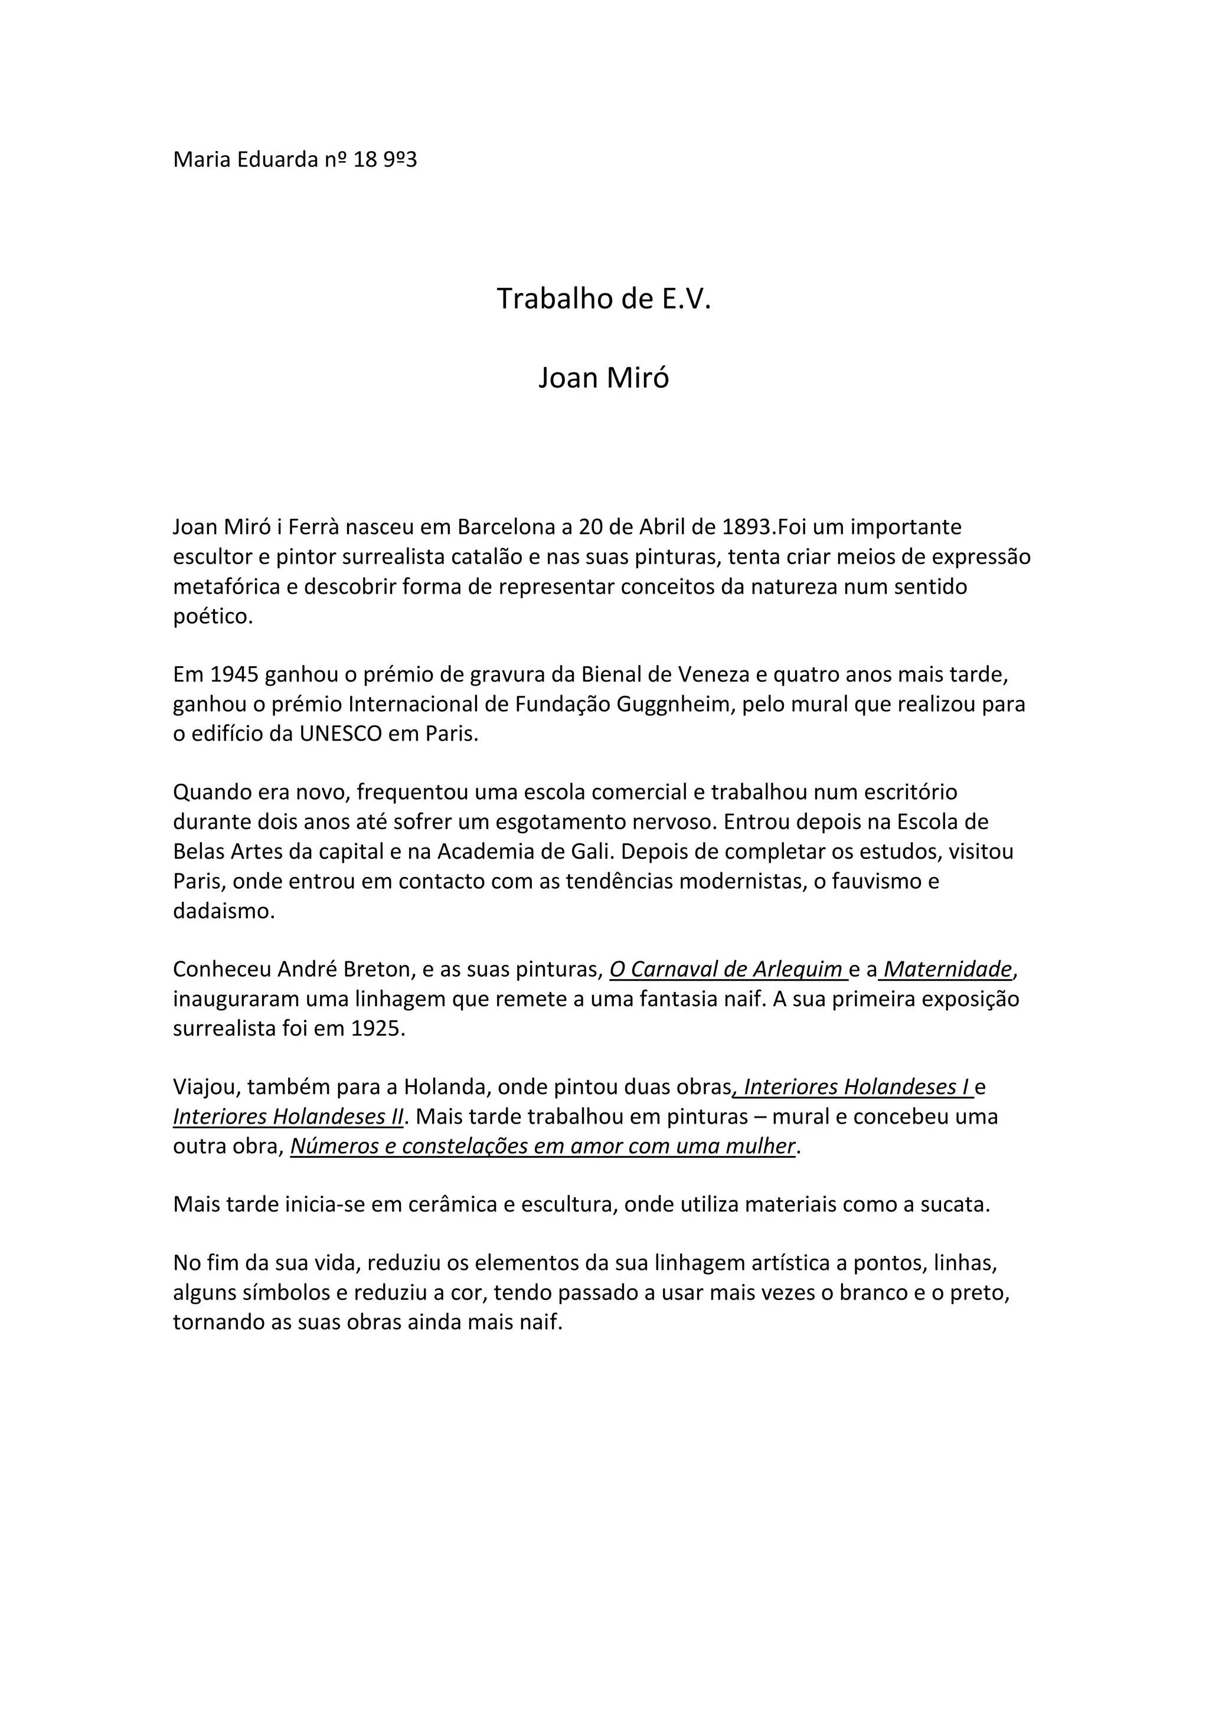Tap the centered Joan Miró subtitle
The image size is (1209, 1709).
[x=604, y=378]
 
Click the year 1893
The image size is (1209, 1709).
[x=747, y=527]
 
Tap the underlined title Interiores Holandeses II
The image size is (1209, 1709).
[x=288, y=1117]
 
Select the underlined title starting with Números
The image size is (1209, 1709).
[x=543, y=1146]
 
